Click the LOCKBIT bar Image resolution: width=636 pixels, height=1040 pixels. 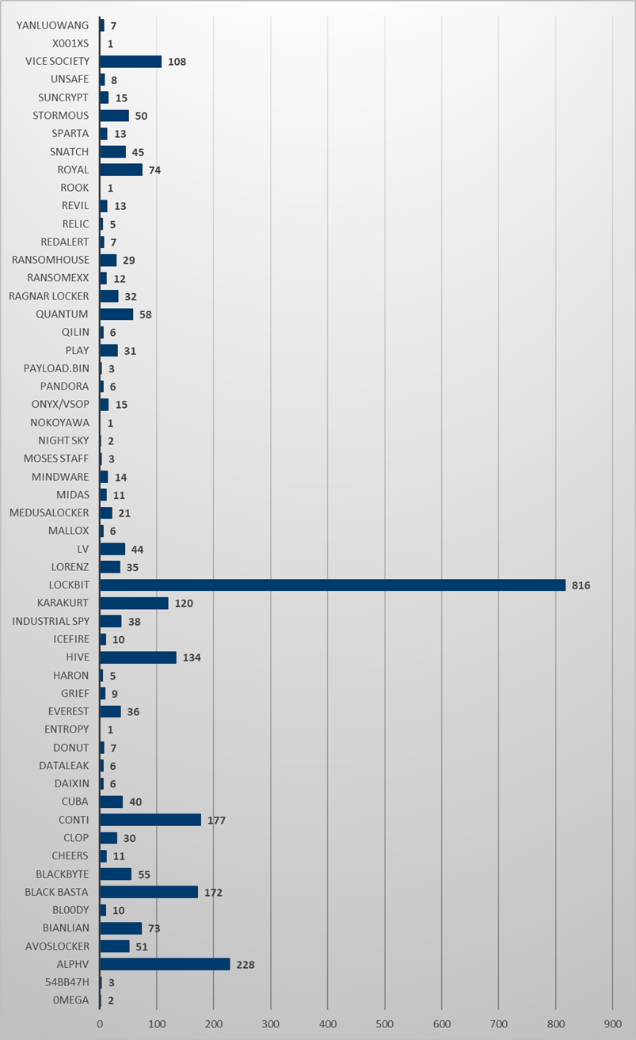pyautogui.click(x=333, y=585)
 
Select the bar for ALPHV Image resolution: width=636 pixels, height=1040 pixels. pyautogui.click(x=165, y=964)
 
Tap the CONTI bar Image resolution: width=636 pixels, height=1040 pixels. pyautogui.click(x=150, y=820)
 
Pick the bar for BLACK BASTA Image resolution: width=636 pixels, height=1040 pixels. pyautogui.click(x=149, y=892)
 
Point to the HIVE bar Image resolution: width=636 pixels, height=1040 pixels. pyautogui.click(x=138, y=657)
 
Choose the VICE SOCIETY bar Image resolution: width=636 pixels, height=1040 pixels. pyautogui.click(x=131, y=61)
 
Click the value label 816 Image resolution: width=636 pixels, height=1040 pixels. pyautogui.click(x=581, y=585)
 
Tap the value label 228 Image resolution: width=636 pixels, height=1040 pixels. pyautogui.click(x=245, y=964)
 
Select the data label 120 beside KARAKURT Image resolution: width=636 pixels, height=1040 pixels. pyautogui.click(x=184, y=604)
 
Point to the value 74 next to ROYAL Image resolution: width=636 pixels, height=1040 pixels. pyautogui.click(x=155, y=170)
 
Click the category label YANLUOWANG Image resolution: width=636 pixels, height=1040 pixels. pyautogui.click(x=52, y=25)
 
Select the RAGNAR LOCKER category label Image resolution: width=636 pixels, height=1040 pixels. pyautogui.click(x=48, y=296)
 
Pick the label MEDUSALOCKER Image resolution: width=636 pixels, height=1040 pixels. pyautogui.click(x=49, y=512)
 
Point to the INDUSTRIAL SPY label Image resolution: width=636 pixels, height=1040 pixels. pyautogui.click(x=51, y=621)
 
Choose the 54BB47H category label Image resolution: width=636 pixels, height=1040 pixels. pyautogui.click(x=67, y=982)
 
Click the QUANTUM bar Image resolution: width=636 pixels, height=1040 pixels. pyautogui.click(x=116, y=314)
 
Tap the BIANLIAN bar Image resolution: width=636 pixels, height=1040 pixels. pyautogui.click(x=120, y=928)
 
